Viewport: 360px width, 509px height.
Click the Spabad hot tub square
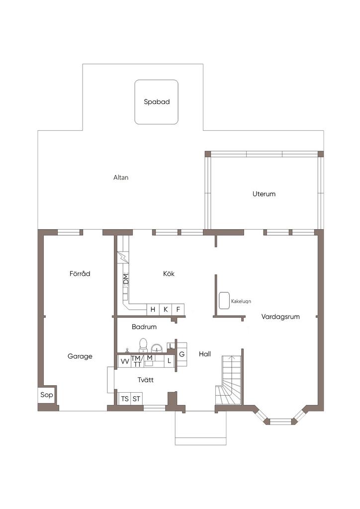(x=157, y=102)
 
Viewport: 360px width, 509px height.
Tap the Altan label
(x=121, y=177)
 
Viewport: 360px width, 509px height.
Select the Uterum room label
(x=264, y=194)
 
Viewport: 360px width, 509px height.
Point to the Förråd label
(x=80, y=273)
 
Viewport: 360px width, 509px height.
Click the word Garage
(x=80, y=356)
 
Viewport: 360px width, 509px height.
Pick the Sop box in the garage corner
(x=46, y=395)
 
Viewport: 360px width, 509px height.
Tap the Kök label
(x=169, y=274)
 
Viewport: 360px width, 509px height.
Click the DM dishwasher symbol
(x=126, y=279)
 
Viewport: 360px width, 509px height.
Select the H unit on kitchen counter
(x=153, y=310)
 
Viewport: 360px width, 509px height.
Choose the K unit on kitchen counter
(x=166, y=310)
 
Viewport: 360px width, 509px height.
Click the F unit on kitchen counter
(x=178, y=310)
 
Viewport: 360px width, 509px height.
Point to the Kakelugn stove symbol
(x=224, y=301)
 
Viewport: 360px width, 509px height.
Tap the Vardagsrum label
(x=280, y=317)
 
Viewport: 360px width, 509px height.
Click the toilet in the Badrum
(x=143, y=345)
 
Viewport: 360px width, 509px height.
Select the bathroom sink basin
(x=158, y=348)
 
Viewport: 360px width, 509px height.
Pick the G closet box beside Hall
(x=182, y=354)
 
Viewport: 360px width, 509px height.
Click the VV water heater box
(x=125, y=362)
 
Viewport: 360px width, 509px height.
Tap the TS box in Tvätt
(x=125, y=398)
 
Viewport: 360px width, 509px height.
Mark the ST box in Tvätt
(x=137, y=398)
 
